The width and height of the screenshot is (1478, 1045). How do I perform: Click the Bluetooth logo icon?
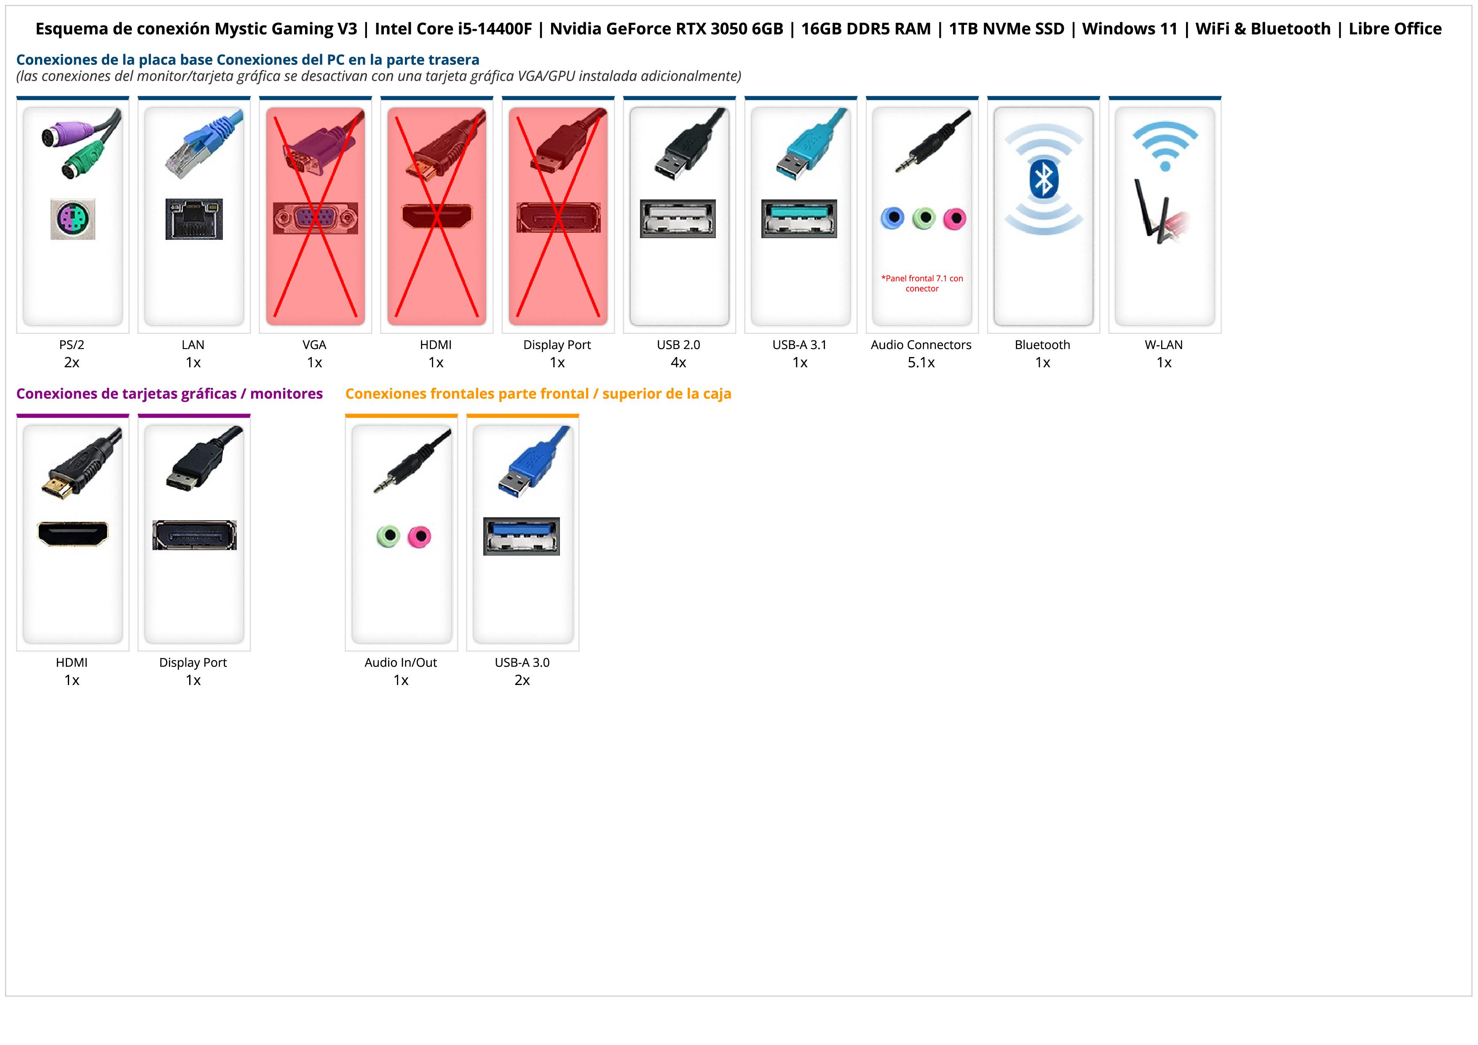[x=1043, y=179]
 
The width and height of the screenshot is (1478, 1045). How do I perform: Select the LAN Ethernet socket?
[x=194, y=219]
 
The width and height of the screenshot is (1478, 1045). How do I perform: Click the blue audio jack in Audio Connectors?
[x=892, y=218]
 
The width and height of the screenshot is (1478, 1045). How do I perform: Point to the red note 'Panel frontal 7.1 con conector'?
[x=922, y=283]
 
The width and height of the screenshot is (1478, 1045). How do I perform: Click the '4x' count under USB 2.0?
[x=678, y=363]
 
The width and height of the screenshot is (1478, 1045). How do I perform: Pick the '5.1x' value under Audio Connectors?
[x=921, y=363]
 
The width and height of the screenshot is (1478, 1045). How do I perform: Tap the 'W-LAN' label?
[x=1163, y=344]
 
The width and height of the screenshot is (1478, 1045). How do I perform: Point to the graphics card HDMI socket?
[x=73, y=534]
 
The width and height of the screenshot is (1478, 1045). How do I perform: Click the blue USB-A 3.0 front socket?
[x=522, y=536]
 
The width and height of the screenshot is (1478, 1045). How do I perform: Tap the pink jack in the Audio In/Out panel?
[x=420, y=536]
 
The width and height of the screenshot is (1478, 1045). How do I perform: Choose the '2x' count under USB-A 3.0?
[x=522, y=680]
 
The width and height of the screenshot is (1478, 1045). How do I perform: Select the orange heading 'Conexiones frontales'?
[x=538, y=393]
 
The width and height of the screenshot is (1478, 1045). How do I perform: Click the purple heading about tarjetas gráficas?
[x=169, y=393]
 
